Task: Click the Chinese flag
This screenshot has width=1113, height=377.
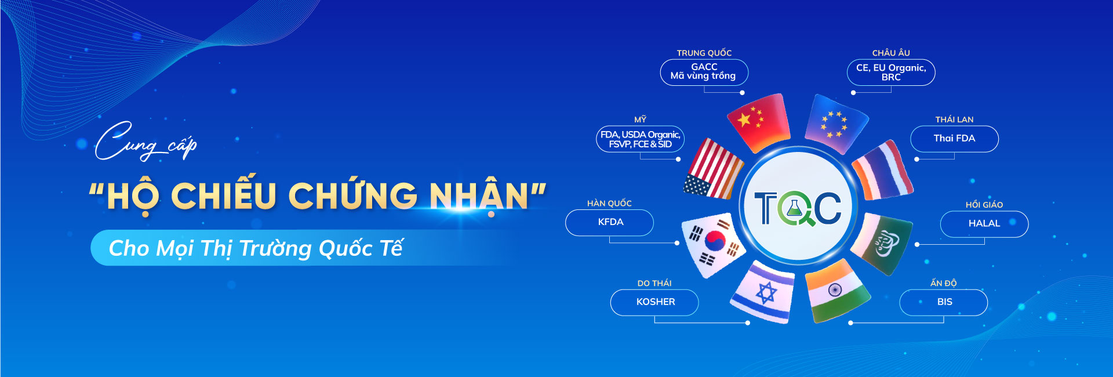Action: [759, 123]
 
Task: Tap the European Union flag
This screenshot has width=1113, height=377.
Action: [836, 124]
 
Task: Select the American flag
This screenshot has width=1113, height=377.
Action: [714, 168]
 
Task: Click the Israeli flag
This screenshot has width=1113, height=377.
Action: [763, 292]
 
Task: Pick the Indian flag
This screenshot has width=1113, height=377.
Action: [837, 291]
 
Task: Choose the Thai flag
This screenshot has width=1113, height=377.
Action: [883, 170]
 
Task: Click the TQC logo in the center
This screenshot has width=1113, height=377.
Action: [798, 207]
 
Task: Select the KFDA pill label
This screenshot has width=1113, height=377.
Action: [609, 222]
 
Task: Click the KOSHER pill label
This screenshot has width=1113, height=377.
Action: [654, 302]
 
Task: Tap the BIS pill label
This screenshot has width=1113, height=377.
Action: [944, 302]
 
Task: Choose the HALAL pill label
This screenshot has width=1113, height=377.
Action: [984, 224]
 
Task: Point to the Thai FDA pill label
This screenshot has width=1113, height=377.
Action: [955, 139]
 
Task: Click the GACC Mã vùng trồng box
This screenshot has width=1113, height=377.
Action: [704, 72]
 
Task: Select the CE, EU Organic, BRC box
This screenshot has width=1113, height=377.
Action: [891, 72]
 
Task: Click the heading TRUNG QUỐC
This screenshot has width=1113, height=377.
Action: [704, 53]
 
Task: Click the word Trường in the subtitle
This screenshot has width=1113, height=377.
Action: [275, 248]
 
